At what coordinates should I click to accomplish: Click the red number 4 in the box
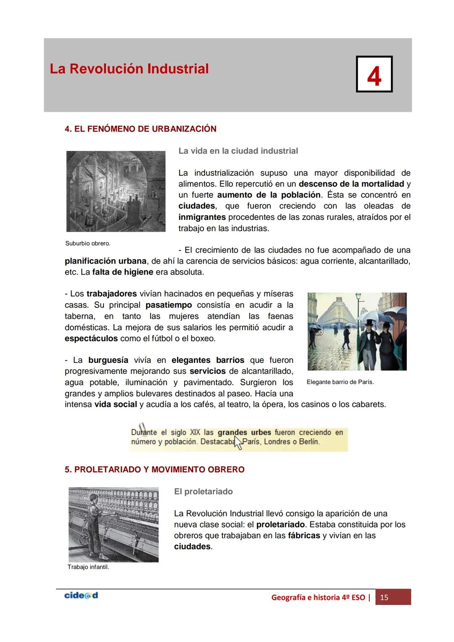point(374,75)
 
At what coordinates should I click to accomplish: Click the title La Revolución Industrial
point(129,69)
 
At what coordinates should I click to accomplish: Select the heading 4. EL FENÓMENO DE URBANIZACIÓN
point(140,129)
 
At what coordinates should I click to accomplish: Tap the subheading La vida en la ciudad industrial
point(238,151)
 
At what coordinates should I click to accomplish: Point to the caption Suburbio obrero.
point(88,243)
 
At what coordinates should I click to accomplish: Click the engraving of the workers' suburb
point(116,191)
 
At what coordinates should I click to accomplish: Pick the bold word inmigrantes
point(202,217)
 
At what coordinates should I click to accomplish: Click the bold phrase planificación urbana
point(105,261)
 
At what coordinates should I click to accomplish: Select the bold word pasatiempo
point(169,305)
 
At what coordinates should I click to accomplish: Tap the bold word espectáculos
point(91,338)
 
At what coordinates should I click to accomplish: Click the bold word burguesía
point(108,360)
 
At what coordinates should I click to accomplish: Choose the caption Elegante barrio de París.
point(340,382)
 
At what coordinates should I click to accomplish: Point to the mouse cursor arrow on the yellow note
point(238,443)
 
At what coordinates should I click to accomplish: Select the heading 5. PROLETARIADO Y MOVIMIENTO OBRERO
point(154,470)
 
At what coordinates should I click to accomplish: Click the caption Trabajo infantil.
point(88,567)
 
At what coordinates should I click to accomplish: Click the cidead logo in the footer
point(81,596)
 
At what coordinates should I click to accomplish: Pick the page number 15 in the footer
point(384,597)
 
